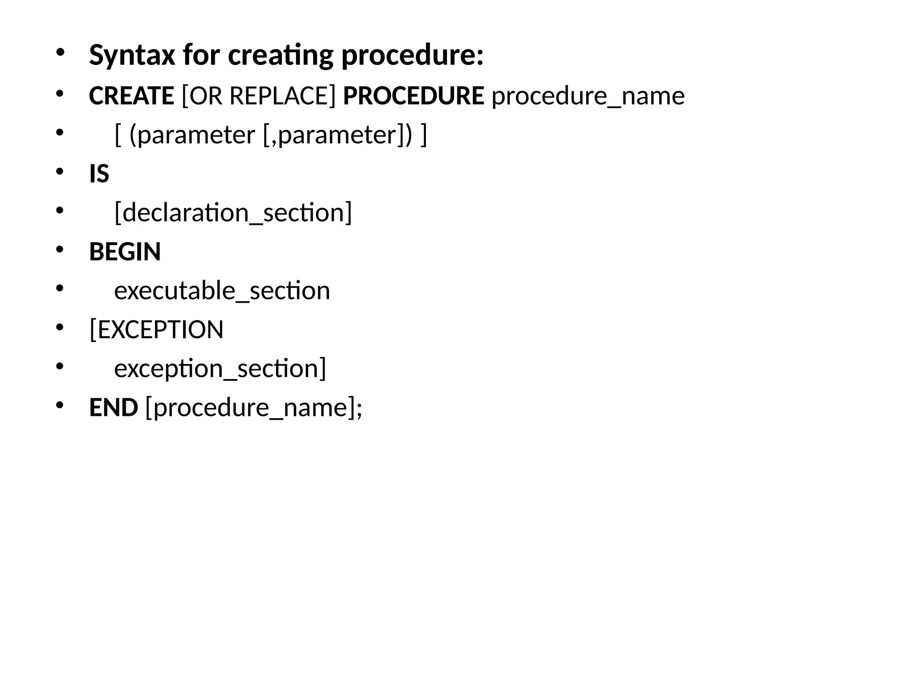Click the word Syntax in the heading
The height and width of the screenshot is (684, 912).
[132, 56]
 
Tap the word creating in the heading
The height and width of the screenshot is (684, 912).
[280, 56]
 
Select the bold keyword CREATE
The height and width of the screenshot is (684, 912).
[131, 96]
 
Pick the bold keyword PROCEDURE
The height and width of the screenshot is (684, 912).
[413, 96]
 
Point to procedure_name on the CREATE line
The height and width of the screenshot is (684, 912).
[588, 96]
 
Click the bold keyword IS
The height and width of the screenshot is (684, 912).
[99, 174]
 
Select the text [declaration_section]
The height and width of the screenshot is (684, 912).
[233, 212]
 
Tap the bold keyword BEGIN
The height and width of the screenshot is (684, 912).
[125, 252]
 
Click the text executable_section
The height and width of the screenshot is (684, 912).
[222, 291]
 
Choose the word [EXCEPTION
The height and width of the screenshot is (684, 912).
[156, 330]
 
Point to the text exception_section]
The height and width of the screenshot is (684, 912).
[220, 369]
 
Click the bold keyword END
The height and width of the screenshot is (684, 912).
[114, 407]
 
